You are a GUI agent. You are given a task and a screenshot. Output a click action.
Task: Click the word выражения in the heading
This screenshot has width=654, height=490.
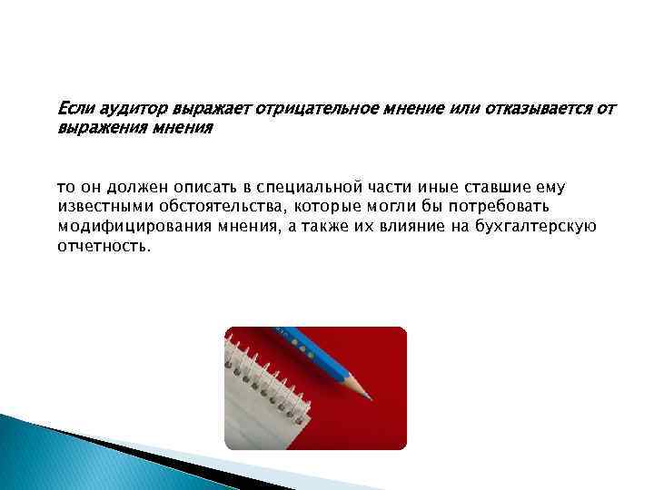click(x=98, y=128)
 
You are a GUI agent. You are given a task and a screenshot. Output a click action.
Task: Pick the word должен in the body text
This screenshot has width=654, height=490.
click(x=137, y=188)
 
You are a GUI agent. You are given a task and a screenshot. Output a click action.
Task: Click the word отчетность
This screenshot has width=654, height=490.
click(x=99, y=245)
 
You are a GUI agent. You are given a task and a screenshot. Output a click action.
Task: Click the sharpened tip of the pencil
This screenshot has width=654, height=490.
click(x=369, y=396)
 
